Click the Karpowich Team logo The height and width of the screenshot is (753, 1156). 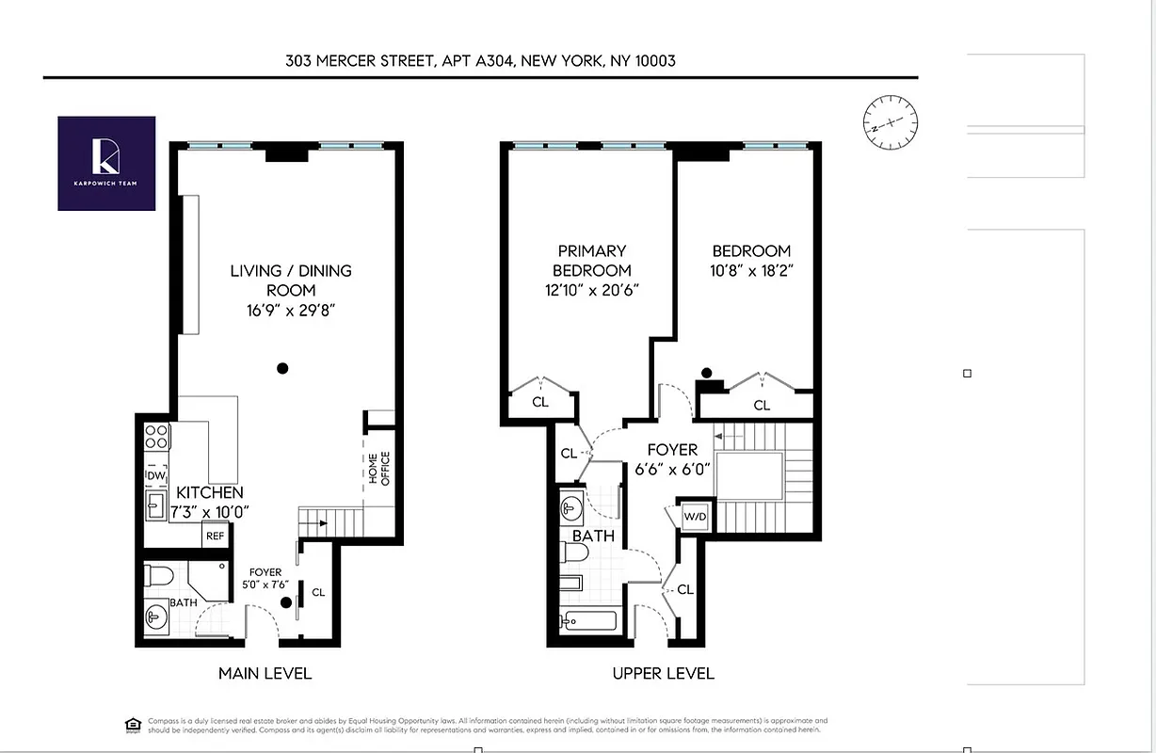point(106,163)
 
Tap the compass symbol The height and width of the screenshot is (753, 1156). point(890,122)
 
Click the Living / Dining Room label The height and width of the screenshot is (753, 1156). point(291,280)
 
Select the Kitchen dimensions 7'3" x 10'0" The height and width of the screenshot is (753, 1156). point(209,511)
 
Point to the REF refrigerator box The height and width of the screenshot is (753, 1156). point(216,536)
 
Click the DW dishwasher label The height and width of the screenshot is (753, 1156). point(155,477)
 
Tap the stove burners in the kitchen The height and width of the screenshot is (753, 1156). point(155,437)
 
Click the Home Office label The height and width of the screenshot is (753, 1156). point(378,469)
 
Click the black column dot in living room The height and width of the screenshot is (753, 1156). point(281,368)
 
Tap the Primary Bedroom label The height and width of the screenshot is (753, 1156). point(591,261)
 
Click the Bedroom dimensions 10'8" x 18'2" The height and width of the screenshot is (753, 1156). point(751,270)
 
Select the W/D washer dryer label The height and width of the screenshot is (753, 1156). point(694,516)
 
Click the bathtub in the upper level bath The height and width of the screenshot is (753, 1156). point(588,621)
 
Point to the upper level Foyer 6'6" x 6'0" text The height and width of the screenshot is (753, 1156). point(672,458)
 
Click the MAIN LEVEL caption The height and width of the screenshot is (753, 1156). point(265,673)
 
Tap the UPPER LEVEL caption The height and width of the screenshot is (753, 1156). point(663,673)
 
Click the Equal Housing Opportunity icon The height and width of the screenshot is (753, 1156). point(133,724)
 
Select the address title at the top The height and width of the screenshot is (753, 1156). point(480,60)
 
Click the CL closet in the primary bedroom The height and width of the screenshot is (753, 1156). point(540,402)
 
